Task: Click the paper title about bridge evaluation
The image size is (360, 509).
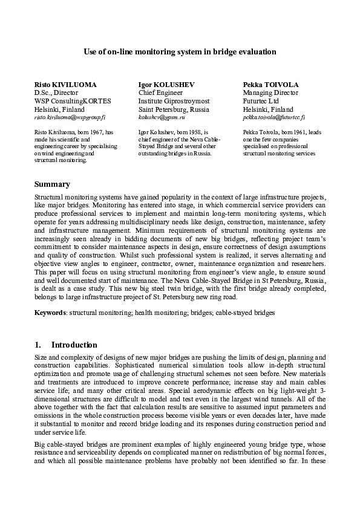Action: click(180, 52)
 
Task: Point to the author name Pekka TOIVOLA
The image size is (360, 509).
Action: click(268, 84)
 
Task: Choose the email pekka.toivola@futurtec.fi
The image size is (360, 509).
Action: click(273, 118)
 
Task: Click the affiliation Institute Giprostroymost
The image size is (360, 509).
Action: click(174, 101)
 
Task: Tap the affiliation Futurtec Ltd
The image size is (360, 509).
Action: click(260, 101)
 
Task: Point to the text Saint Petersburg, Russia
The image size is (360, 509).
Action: click(174, 109)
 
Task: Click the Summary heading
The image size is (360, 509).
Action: click(52, 184)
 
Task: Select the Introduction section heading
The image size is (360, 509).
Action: click(74, 345)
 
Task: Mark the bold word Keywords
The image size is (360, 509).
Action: click(50, 313)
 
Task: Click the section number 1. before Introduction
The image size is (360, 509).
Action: click(38, 345)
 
